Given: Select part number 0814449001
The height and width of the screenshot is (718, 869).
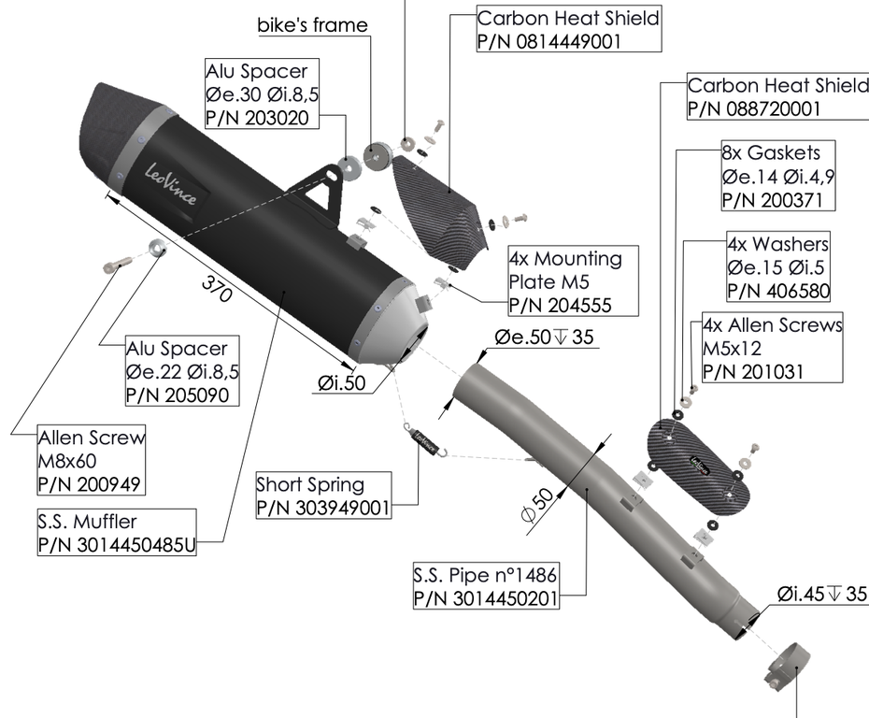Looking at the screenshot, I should pos(548,40).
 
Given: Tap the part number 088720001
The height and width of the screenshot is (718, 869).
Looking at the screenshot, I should pos(754,108).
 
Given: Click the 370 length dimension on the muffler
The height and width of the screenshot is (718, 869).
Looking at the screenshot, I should pos(217,290).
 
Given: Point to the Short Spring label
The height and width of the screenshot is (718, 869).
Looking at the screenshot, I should pos(310,485).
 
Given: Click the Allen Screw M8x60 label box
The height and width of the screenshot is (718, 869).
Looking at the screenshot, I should pos(92,461).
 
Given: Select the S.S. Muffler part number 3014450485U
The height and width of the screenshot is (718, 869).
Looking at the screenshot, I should pos(117,545).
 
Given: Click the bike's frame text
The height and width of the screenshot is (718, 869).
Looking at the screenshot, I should pos(312,24).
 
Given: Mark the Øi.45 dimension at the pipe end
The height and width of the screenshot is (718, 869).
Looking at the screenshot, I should pos(821,594).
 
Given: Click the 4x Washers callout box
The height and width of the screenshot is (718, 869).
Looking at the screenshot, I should pos(778,267).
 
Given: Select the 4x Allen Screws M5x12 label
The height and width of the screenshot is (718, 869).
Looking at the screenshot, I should pos(772,349).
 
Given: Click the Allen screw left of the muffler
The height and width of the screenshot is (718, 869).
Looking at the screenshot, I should pos(111,266).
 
